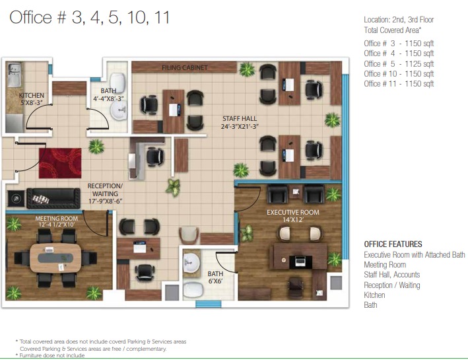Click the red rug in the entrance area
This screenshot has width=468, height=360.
pyautogui.click(x=60, y=163)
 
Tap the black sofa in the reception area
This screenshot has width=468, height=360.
pyautogui.click(x=53, y=198)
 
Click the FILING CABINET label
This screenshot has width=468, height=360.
pyautogui.click(x=184, y=68)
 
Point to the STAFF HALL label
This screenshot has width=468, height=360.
pyautogui.click(x=240, y=119)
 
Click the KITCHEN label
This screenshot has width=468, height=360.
pyautogui.click(x=31, y=96)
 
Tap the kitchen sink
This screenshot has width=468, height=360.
pyautogui.click(x=14, y=75)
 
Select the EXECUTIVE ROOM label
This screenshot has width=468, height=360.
pyautogui.click(x=293, y=213)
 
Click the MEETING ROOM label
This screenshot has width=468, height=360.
pyautogui.click(x=56, y=219)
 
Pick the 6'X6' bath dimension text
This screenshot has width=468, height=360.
pyautogui.click(x=215, y=281)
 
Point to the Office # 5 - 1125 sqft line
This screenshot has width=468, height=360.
pyautogui.click(x=399, y=64)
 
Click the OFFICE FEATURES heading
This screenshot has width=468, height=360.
pyautogui.click(x=393, y=244)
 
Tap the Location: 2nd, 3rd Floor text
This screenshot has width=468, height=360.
pyautogui.click(x=399, y=20)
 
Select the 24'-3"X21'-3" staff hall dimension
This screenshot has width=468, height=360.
pyautogui.click(x=240, y=126)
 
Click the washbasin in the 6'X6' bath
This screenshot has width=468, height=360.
pyautogui.click(x=191, y=263)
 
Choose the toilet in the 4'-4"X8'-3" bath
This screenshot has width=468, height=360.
pyautogui.click(x=117, y=81)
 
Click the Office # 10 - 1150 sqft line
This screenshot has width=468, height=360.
pyautogui.click(x=399, y=74)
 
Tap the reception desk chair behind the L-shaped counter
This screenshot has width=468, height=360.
pyautogui.click(x=155, y=157)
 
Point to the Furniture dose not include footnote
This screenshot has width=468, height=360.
pyautogui.click(x=50, y=355)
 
